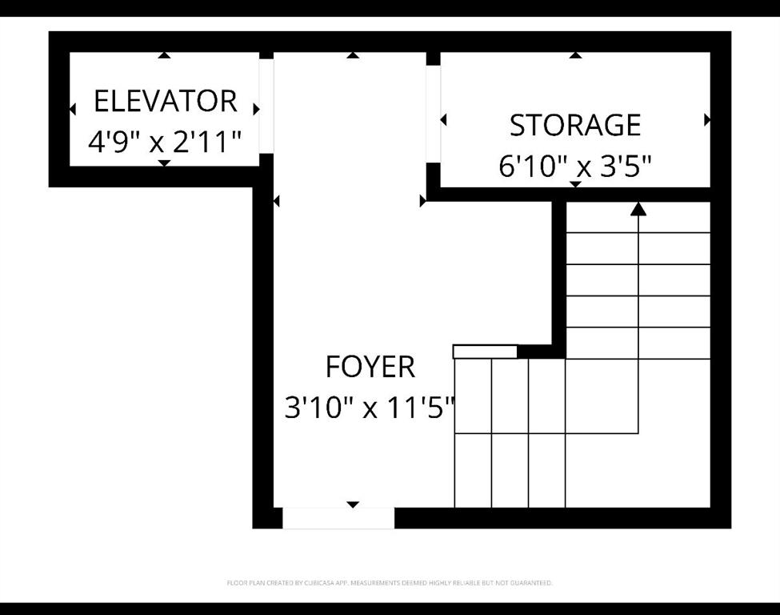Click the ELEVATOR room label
point(165,102)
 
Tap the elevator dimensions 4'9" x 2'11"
point(165,143)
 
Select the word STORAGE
point(575,126)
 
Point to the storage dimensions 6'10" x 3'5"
point(575,167)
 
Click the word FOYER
point(370,367)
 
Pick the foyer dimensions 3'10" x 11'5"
point(370,408)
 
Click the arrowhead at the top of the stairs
point(638,209)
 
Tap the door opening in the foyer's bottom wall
point(338,518)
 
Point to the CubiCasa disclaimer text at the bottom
point(390,583)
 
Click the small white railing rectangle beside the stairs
point(485,352)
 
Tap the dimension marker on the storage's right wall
point(707,120)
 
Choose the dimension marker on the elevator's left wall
point(73,109)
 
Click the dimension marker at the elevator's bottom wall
point(164,163)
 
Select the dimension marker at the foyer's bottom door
point(353,504)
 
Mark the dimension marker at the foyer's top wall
point(353,55)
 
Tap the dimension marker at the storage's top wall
point(574,55)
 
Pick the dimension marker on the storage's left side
point(444,120)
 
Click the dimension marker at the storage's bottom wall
point(574,184)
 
